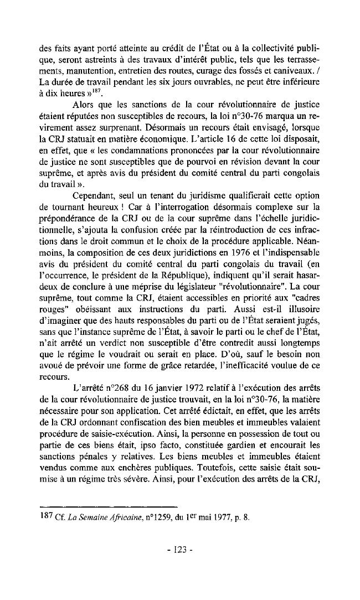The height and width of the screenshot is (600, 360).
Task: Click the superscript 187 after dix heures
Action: [104, 91]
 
